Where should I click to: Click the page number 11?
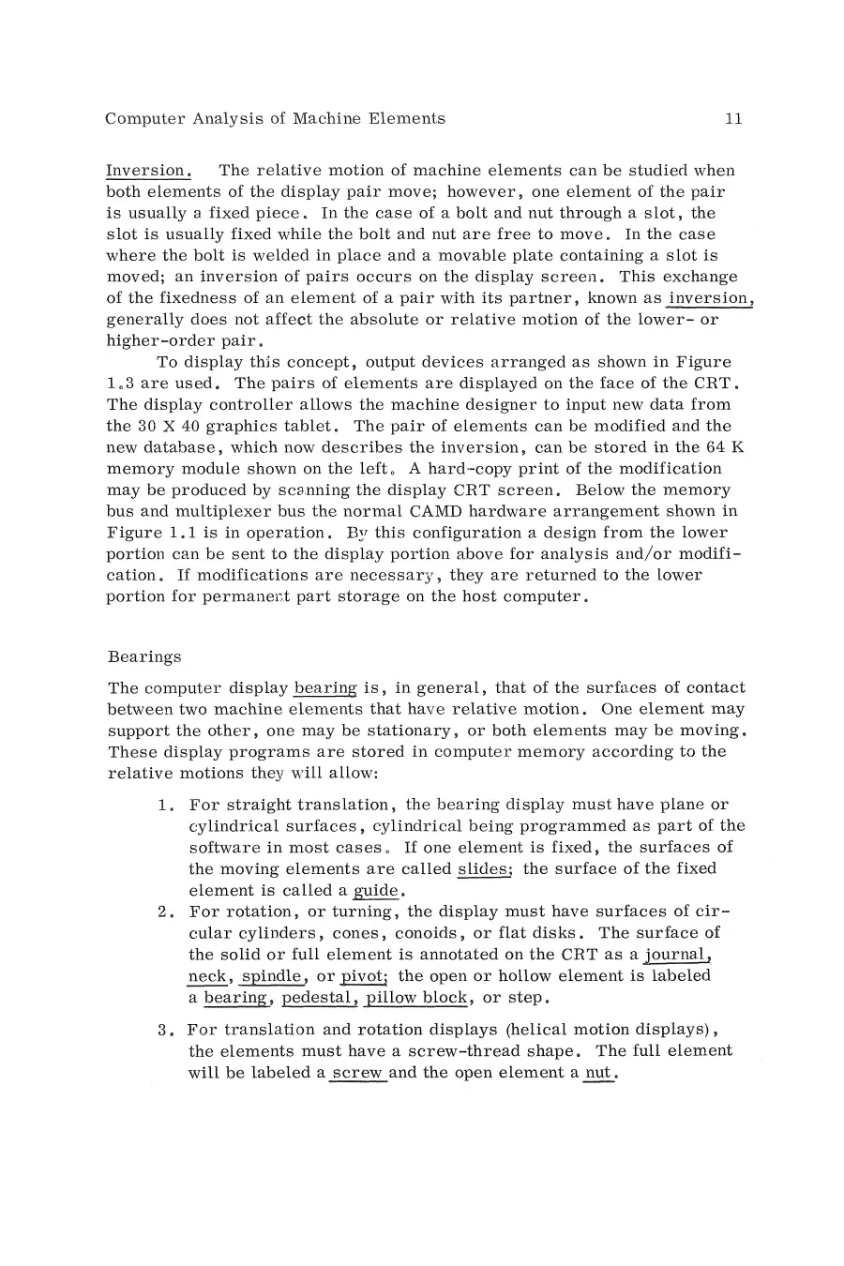733,119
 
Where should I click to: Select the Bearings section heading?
144,656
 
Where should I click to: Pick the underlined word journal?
678,955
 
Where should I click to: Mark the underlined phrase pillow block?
416,998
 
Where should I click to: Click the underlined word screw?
357,1073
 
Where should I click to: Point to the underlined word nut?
597,1073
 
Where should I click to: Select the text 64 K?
729,447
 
